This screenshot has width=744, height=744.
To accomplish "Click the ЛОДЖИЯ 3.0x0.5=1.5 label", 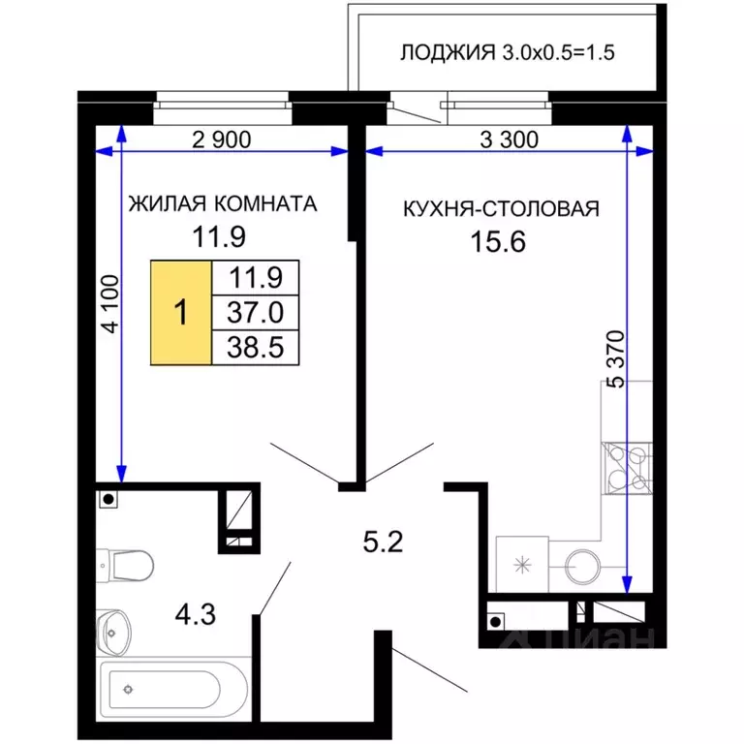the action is (508, 52).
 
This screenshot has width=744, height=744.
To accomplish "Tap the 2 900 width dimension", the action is (222, 139).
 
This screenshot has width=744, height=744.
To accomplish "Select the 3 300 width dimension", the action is (510, 139).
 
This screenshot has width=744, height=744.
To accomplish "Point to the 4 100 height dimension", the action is (110, 303).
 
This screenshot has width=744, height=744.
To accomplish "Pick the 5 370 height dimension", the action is (617, 359).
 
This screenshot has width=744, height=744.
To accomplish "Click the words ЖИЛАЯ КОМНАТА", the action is (223, 204).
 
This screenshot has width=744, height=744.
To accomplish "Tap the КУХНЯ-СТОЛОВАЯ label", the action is (501, 209).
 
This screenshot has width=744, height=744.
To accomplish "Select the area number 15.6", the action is (498, 241).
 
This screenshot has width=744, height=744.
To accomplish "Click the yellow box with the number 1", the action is (181, 313).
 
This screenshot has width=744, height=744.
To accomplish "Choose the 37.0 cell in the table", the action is (256, 313).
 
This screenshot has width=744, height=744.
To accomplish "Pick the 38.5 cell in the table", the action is (256, 348).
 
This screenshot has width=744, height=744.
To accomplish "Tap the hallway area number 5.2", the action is (383, 542).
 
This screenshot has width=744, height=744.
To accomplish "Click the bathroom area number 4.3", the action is (196, 614).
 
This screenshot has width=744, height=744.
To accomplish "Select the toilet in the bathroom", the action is (125, 566).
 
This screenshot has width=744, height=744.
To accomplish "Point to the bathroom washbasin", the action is (113, 633).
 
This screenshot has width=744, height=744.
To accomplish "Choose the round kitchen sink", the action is (582, 567).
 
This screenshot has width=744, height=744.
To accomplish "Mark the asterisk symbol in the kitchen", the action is (522, 565).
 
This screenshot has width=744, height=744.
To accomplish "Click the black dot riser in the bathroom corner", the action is (108, 499).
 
